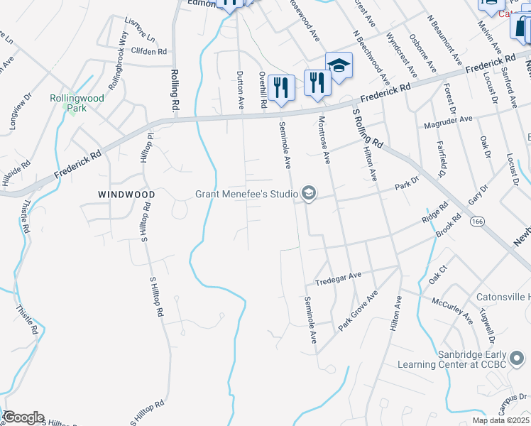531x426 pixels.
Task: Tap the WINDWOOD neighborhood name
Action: pos(126,194)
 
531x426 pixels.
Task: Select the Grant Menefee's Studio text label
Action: pos(246,194)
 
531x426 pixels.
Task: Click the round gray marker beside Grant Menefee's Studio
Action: pos(308,193)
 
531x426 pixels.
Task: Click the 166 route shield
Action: pos(476,223)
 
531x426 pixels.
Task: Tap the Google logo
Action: pos(23,417)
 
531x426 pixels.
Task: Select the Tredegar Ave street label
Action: pos(339,275)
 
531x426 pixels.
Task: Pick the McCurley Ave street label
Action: pos(451,308)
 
